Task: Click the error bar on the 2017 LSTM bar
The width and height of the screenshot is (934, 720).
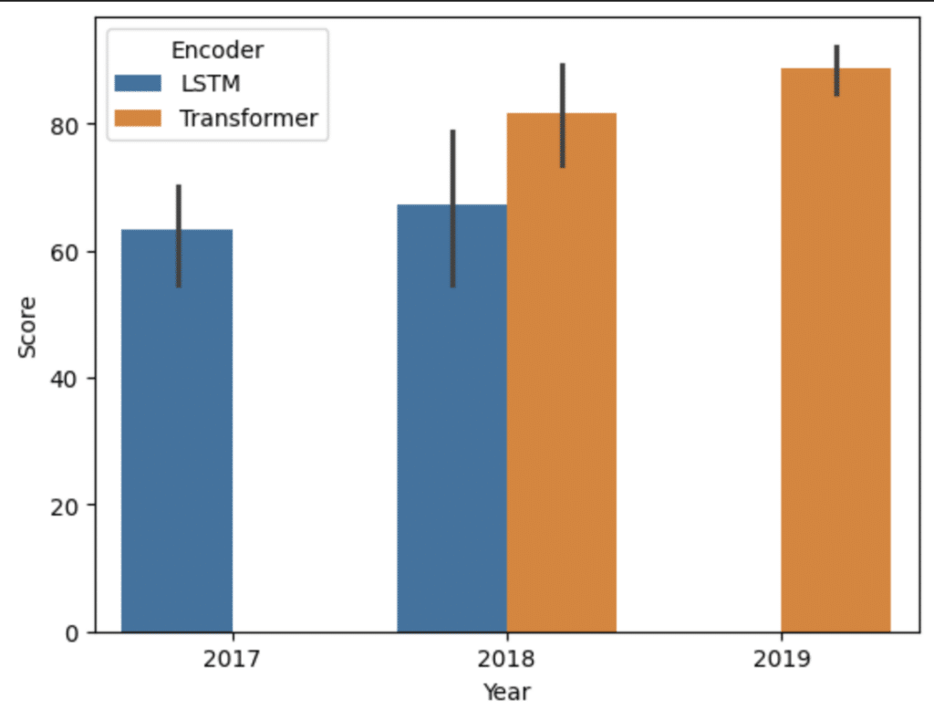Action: (179, 235)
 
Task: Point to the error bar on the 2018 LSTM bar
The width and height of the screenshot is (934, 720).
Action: (452, 208)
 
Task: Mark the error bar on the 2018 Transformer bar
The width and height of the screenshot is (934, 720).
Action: (563, 115)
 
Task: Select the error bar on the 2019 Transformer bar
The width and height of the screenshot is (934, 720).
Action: (837, 69)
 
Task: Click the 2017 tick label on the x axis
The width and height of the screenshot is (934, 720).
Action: (233, 660)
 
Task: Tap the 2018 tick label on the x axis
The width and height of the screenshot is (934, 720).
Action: (507, 660)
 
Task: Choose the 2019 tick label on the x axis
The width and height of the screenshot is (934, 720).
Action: (782, 660)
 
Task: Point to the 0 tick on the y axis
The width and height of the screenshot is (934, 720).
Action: (74, 632)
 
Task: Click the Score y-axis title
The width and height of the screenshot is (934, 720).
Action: (28, 326)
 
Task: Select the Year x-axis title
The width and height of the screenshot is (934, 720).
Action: (506, 692)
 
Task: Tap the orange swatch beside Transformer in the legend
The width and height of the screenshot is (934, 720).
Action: (138, 118)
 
